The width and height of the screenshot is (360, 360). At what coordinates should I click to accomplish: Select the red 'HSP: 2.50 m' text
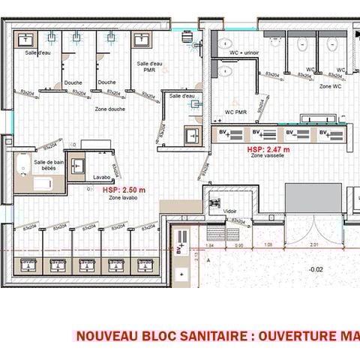[x=124, y=191]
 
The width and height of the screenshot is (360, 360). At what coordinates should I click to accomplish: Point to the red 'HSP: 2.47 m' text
[x=268, y=150]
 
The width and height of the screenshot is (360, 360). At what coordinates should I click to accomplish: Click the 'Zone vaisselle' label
[x=268, y=157]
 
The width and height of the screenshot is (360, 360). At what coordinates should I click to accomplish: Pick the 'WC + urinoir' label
[x=245, y=55]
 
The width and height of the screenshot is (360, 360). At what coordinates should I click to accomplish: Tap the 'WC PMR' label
[x=235, y=112]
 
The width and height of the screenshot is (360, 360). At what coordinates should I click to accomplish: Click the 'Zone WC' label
[x=331, y=87]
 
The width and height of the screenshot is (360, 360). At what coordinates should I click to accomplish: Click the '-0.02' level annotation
[x=316, y=268]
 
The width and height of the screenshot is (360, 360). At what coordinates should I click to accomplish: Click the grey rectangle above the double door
[x=313, y=196]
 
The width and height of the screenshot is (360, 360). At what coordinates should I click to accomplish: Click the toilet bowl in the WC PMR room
[x=226, y=71]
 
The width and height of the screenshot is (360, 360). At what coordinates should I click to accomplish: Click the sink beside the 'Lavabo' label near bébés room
[x=77, y=168]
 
